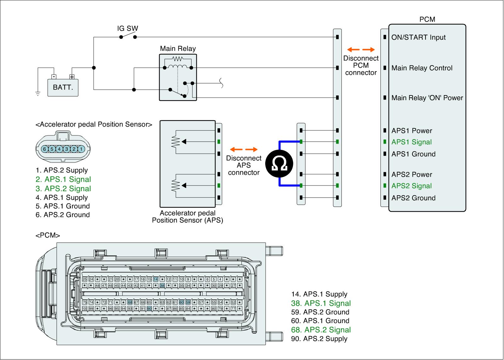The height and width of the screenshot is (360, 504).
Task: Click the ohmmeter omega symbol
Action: pyautogui.click(x=279, y=164)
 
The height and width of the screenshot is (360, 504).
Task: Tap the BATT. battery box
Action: pyautogui.click(x=63, y=87)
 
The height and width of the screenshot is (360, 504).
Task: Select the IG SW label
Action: pyautogui.click(x=128, y=28)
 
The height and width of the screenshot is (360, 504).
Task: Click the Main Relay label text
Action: pyautogui.click(x=178, y=49)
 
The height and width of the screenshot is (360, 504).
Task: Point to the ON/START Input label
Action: pyautogui.click(x=418, y=37)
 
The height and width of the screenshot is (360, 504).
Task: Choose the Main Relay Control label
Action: pyautogui.click(x=422, y=68)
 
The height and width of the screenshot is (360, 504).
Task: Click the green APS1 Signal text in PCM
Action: pyautogui.click(x=411, y=142)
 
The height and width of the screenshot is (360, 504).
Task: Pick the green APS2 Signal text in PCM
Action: pyautogui.click(x=411, y=186)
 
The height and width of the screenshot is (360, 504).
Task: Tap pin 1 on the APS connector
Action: pyautogui.click(x=81, y=149)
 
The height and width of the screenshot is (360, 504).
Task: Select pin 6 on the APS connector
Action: pyautogui.click(x=45, y=149)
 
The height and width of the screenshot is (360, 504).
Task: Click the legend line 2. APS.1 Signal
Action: pyautogui.click(x=63, y=180)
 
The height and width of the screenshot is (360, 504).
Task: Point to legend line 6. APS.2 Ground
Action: pyautogui.click(x=63, y=215)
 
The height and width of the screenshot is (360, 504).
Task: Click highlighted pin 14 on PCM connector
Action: pyautogui.click(x=156, y=279)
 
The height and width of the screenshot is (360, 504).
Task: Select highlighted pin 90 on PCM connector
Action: pyautogui.click(x=149, y=308)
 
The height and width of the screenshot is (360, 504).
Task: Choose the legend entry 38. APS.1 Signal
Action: pyautogui.click(x=321, y=303)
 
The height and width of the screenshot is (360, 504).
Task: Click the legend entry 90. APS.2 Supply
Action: pyautogui.click(x=319, y=339)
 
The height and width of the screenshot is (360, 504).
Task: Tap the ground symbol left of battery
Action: pyautogui.click(x=38, y=93)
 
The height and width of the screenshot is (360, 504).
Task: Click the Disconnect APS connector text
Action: pyautogui.click(x=244, y=165)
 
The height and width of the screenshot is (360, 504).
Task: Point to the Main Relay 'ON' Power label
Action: pyautogui.click(x=427, y=98)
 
